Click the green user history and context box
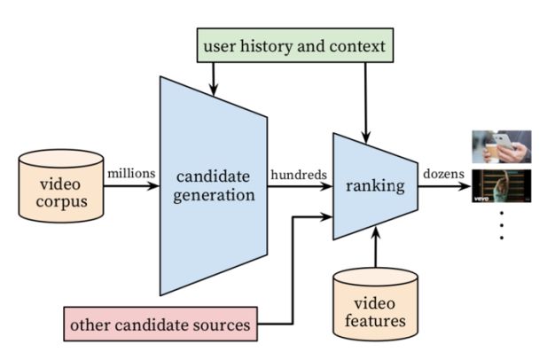click(x=295, y=45)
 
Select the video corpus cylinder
click(x=61, y=186)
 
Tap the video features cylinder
click(x=376, y=304)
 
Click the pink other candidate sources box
click(x=160, y=324)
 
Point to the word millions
click(x=131, y=174)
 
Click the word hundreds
click(x=299, y=175)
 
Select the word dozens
click(x=443, y=174)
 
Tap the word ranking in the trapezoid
click(x=375, y=186)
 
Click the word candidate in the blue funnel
click(x=213, y=176)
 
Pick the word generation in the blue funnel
click(x=214, y=195)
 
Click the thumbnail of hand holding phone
click(x=502, y=146)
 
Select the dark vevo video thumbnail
click(x=502, y=186)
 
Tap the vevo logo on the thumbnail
click(x=481, y=199)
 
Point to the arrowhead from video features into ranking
click(x=376, y=231)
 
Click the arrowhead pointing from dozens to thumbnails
click(x=465, y=186)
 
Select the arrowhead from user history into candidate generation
click(x=213, y=90)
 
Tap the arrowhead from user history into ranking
click(x=365, y=137)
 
